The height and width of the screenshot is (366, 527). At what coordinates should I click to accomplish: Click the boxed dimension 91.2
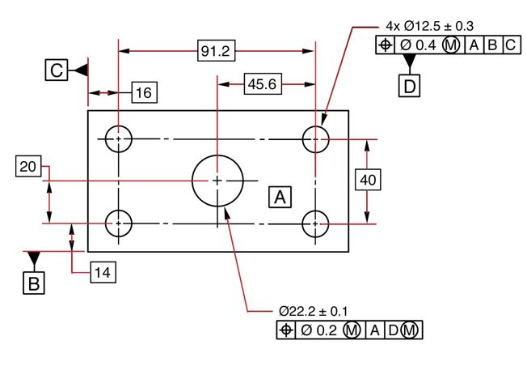[x=216, y=52]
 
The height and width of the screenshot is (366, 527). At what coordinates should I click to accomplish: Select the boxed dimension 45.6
[x=260, y=84]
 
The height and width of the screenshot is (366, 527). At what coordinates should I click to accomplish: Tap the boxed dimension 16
[x=142, y=93]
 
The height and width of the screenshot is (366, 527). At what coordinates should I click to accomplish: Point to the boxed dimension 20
[x=27, y=167]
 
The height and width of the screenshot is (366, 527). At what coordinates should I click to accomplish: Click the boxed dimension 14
[x=102, y=273]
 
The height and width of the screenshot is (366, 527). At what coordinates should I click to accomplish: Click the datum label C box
[x=56, y=71]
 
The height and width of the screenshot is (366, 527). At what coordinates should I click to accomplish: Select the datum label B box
[x=33, y=283]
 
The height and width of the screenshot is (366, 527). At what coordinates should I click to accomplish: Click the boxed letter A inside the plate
[x=280, y=196]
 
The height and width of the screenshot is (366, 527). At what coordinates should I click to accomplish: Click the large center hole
[x=217, y=181]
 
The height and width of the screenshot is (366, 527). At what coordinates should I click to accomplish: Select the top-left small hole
[x=119, y=139]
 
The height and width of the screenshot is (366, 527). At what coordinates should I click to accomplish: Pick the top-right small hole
[x=316, y=139]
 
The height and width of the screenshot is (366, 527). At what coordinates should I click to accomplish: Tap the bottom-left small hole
[x=119, y=222]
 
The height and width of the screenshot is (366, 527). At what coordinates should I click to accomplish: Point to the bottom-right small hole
[x=316, y=222]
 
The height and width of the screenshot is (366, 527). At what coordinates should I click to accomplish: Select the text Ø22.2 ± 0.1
[x=314, y=312]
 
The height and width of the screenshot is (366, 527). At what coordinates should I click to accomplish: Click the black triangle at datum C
[x=81, y=71]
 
